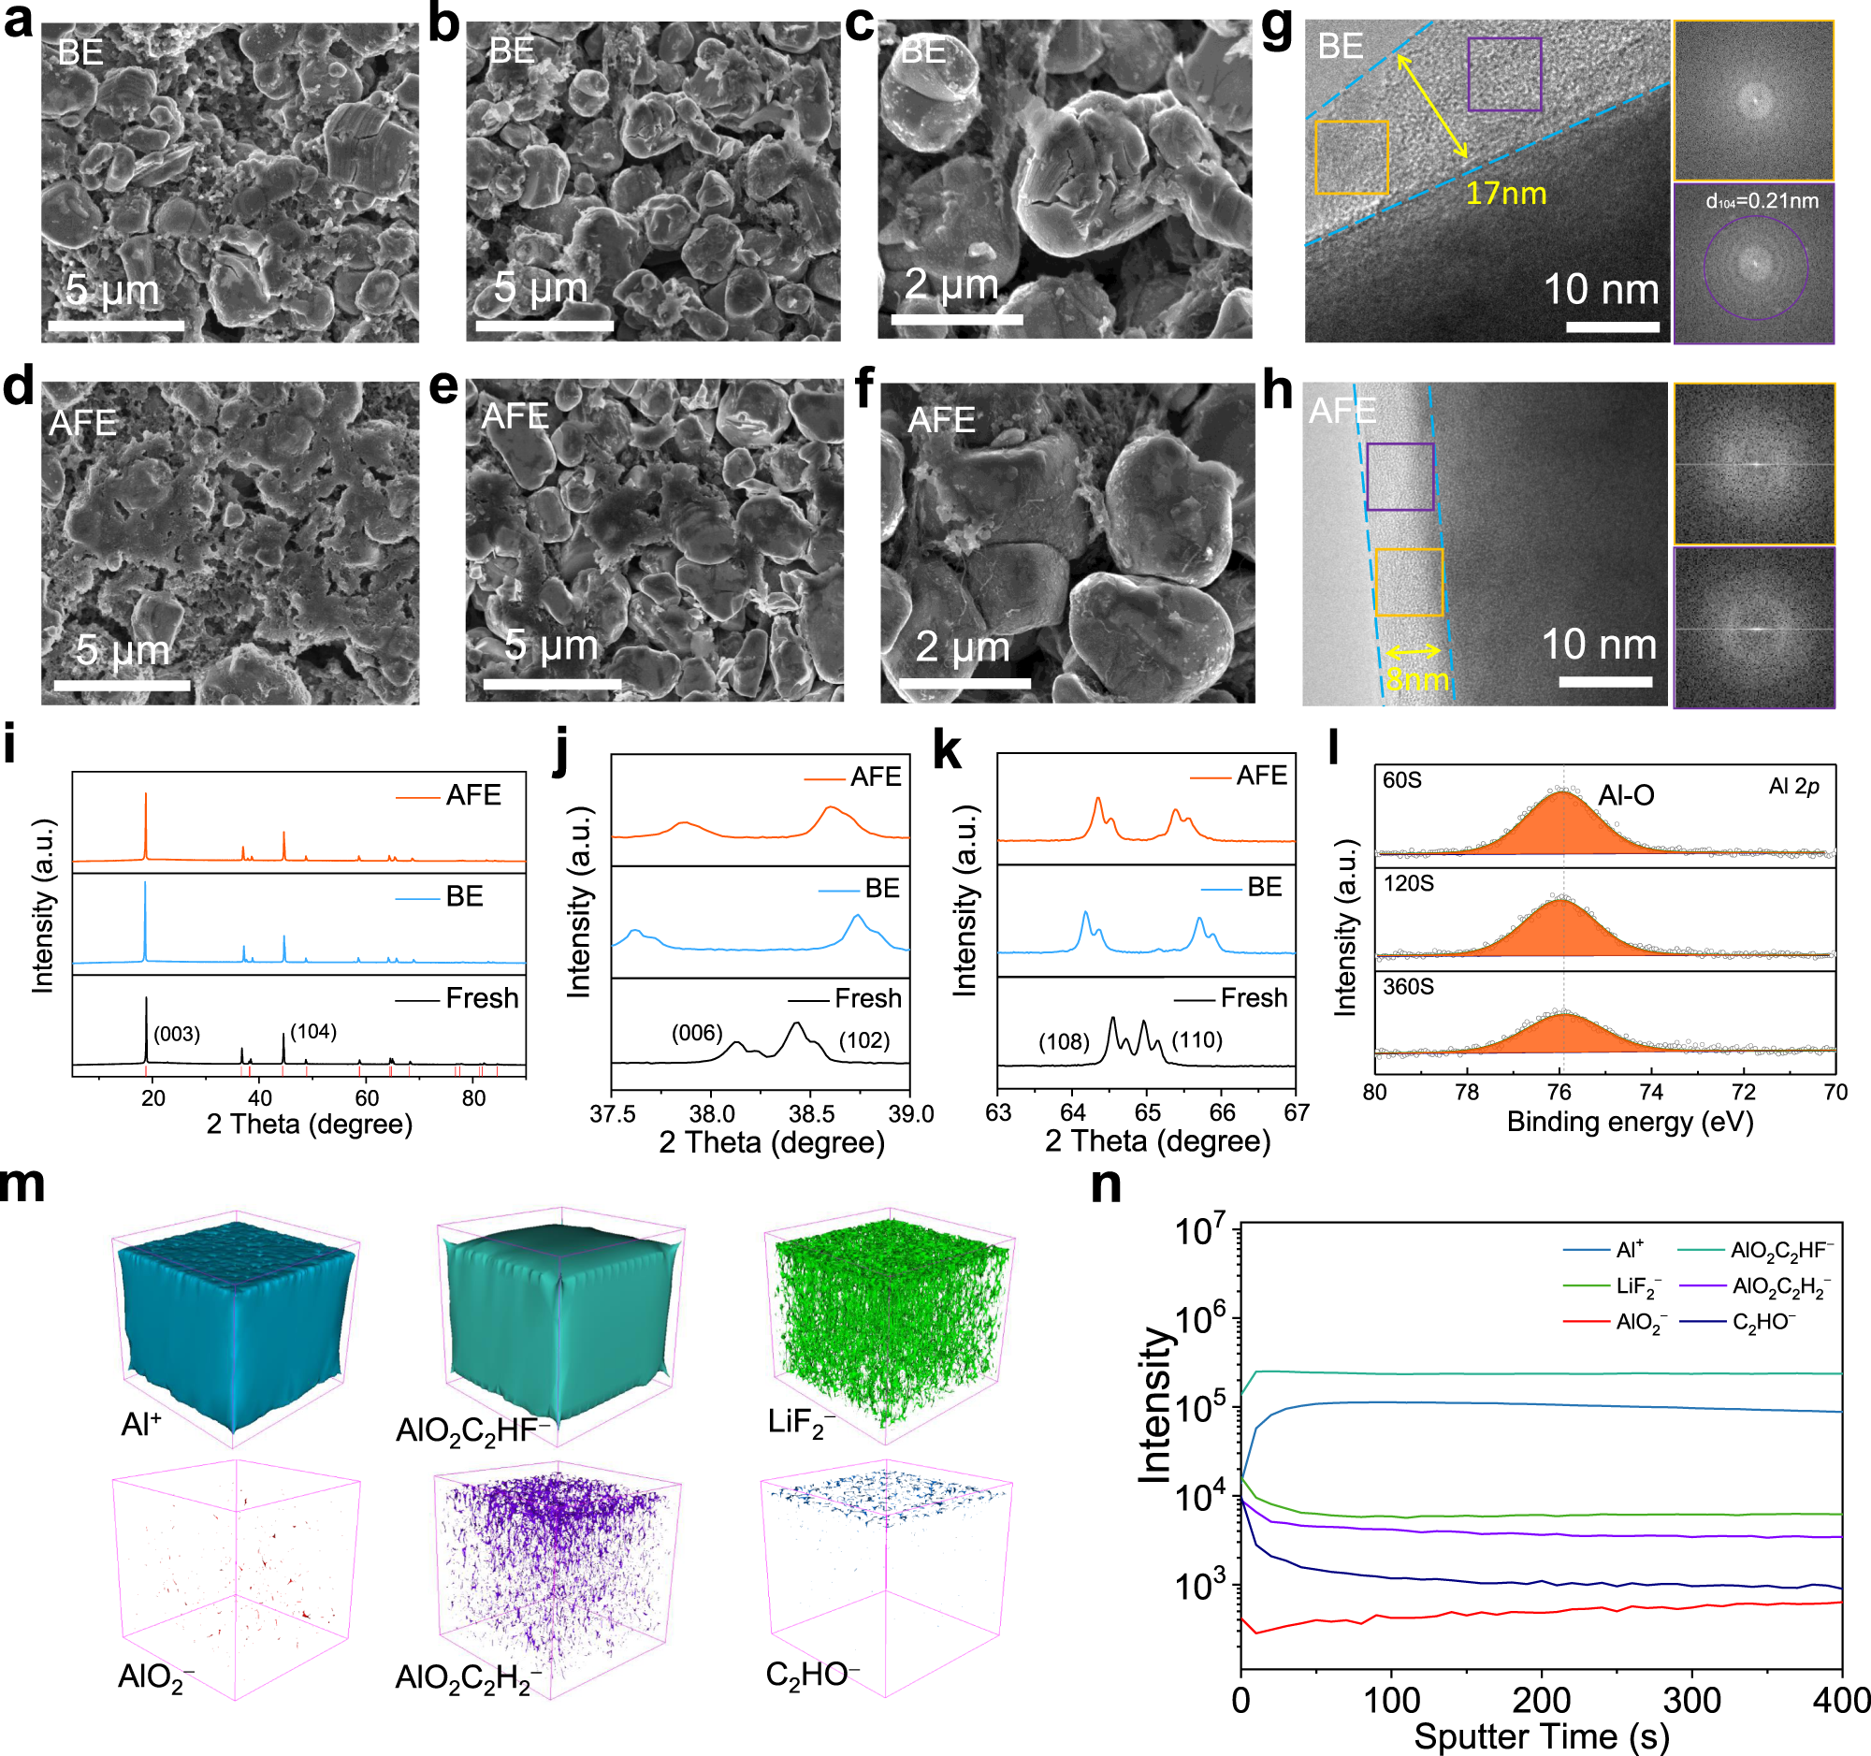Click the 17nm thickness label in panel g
pos(1505,194)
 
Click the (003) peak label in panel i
pos(177,1034)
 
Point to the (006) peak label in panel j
pos(696,1033)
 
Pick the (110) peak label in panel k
pos(1197,1040)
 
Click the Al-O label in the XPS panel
pos(1625,796)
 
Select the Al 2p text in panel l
pos(1794,787)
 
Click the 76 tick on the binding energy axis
pos(1559,1093)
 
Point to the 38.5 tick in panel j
pos(811,1114)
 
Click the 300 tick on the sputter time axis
pos(1692,1702)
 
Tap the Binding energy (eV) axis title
pos(1630,1122)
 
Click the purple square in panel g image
pos(1504,74)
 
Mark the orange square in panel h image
pos(1408,583)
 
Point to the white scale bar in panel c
pos(956,320)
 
